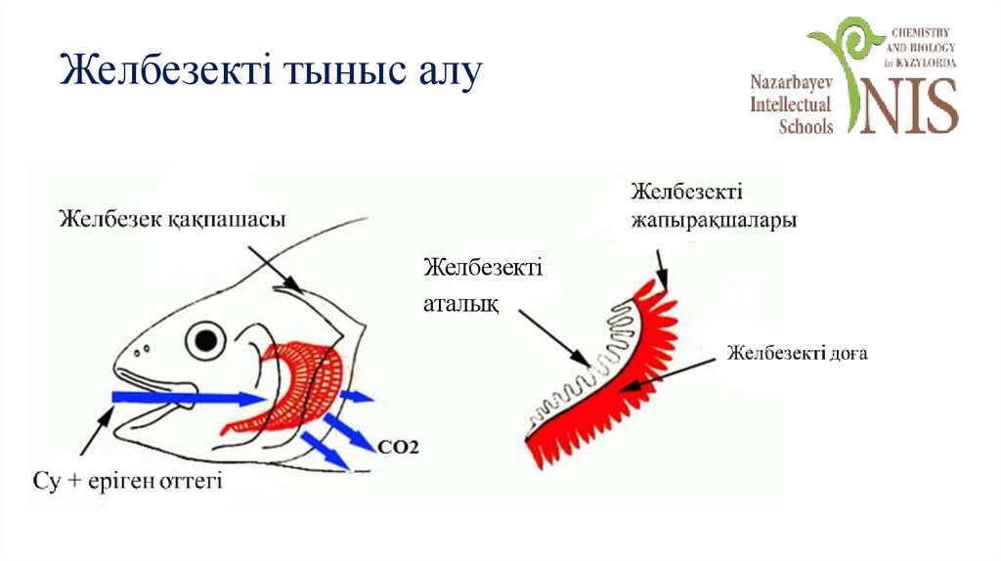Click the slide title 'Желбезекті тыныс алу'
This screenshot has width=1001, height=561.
pyautogui.click(x=270, y=73)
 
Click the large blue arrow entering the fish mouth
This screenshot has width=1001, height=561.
pyautogui.click(x=186, y=397)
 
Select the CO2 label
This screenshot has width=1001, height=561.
pyautogui.click(x=398, y=448)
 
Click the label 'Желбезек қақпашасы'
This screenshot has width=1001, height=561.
pyautogui.click(x=172, y=219)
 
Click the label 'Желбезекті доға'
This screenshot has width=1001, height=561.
pyautogui.click(x=797, y=353)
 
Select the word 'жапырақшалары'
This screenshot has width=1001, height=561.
pyautogui.click(x=713, y=221)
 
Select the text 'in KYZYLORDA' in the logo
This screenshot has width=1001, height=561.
pyautogui.click(x=920, y=62)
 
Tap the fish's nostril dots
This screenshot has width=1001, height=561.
pyautogui.click(x=144, y=347)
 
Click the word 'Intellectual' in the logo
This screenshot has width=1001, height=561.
pyautogui.click(x=791, y=105)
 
